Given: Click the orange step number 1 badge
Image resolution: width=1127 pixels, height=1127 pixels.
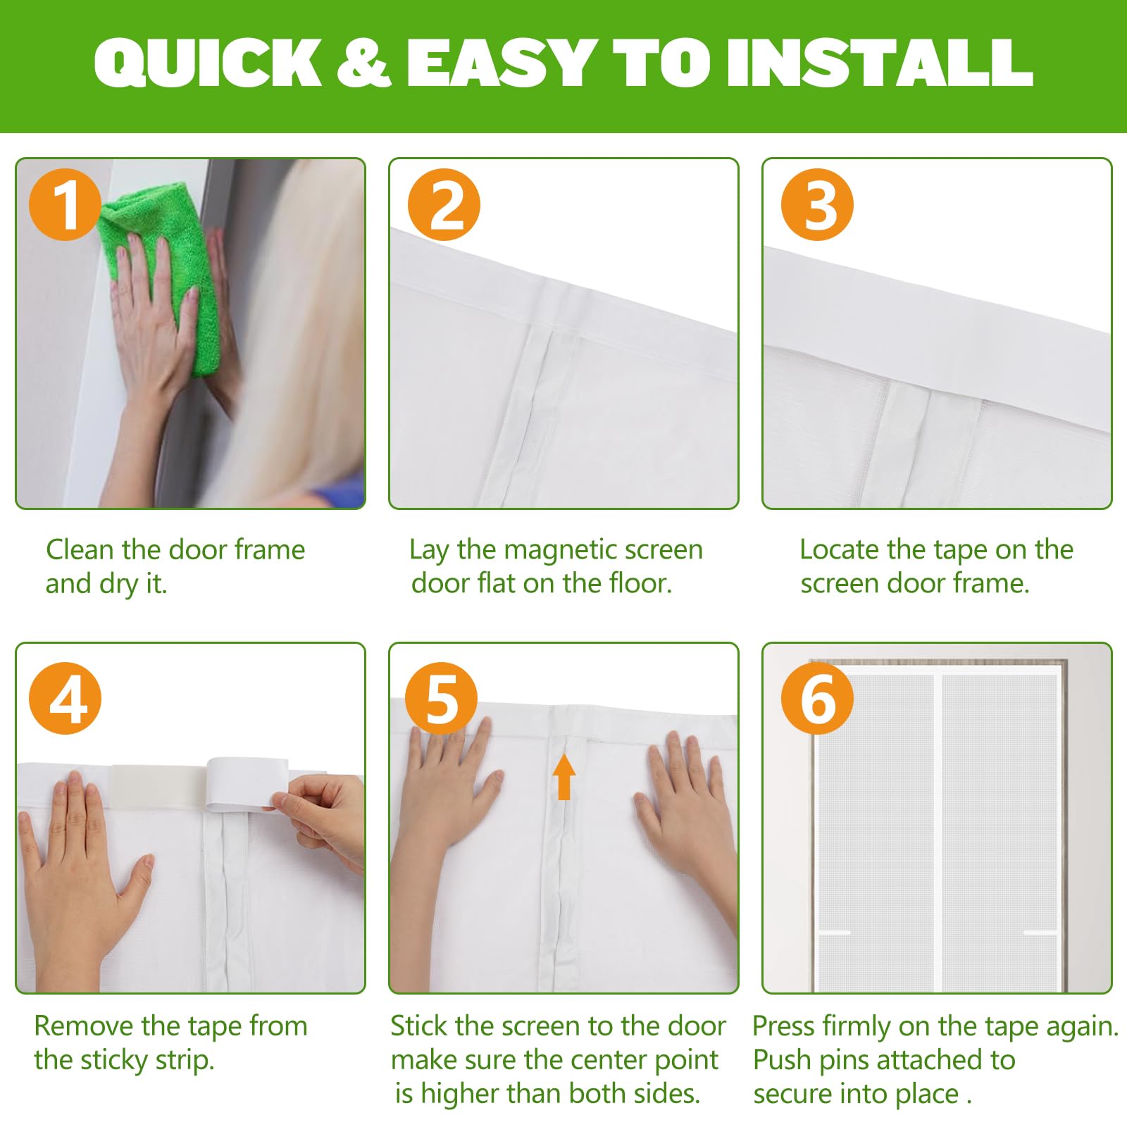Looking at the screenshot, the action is (x=65, y=204).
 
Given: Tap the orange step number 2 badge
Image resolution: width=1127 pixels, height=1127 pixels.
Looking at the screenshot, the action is (x=444, y=204).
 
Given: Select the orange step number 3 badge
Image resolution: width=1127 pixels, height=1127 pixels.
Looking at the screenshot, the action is (x=817, y=204).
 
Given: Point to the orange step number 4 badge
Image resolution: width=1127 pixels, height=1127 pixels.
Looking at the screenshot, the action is (x=65, y=699).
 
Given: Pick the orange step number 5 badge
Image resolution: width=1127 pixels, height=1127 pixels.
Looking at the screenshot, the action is (x=442, y=699).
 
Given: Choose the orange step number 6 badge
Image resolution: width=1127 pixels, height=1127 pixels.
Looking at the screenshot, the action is (x=817, y=699).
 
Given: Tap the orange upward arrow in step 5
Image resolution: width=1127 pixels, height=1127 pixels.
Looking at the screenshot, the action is (x=563, y=776).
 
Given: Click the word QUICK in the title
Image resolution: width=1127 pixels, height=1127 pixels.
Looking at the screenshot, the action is (x=208, y=63).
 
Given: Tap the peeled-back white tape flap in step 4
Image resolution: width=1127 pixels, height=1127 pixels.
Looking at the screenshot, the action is (x=247, y=783).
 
